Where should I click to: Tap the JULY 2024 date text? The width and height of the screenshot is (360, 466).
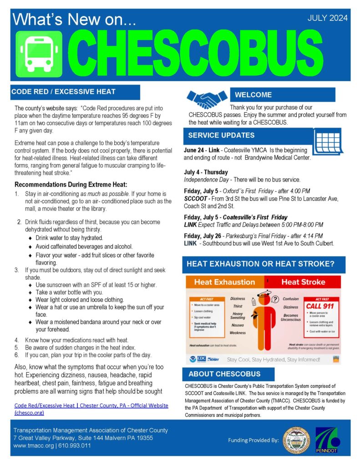point(327,18)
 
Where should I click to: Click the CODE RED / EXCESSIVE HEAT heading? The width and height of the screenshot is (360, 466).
point(63,91)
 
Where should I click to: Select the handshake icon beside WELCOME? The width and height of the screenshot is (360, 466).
point(207,98)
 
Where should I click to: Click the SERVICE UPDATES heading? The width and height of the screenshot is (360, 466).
point(221,135)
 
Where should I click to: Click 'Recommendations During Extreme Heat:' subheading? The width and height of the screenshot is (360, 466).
point(71,185)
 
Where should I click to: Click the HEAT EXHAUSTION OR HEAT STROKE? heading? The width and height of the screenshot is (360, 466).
point(261,264)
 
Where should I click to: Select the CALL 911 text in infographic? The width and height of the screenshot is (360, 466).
point(320,306)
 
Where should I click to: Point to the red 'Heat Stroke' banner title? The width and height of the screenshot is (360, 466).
point(303,282)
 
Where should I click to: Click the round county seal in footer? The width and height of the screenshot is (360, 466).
point(296,441)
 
